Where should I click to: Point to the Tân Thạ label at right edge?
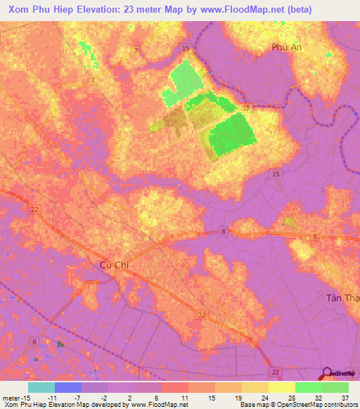[x=342, y=298]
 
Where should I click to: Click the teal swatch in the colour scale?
[x=41, y=387]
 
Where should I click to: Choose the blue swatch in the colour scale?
[x=68, y=387]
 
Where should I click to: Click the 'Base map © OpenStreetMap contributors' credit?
[x=297, y=405]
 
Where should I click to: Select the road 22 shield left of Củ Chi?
[x=34, y=209]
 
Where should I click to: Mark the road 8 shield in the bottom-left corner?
[x=34, y=342]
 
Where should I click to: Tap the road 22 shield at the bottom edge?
[x=276, y=371]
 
